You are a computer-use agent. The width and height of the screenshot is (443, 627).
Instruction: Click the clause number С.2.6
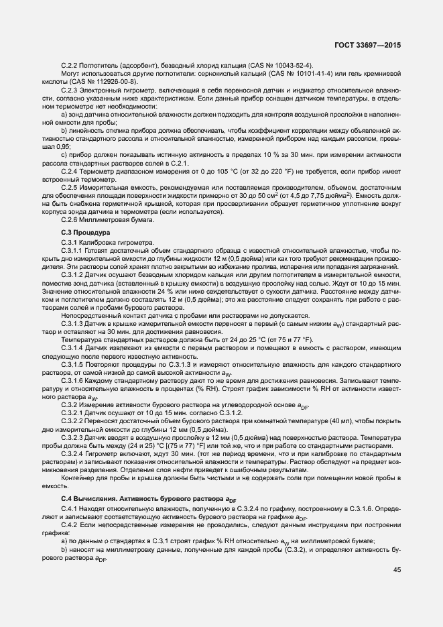(x=70, y=219)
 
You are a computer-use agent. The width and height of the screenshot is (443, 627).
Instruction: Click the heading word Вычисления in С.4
(x=103, y=498)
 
